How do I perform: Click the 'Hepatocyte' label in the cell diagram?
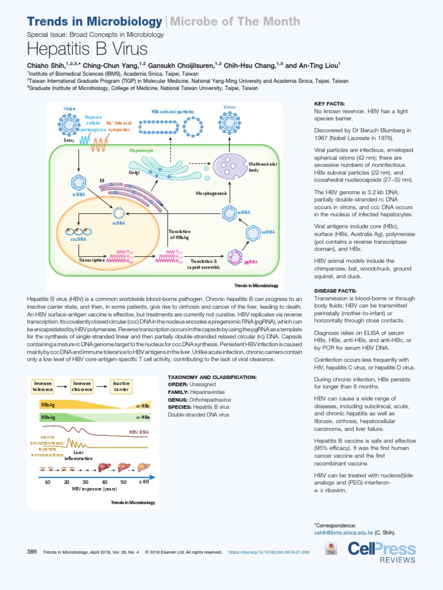(141, 150)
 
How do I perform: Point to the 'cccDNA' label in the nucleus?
(78, 239)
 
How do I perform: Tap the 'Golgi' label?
(134, 172)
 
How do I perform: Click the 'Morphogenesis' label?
(212, 193)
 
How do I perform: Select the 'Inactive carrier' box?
(121, 386)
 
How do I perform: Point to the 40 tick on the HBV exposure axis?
(104, 481)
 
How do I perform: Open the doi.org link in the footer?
(269, 552)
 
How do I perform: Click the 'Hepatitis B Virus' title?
(87, 48)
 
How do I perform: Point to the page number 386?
(32, 551)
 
